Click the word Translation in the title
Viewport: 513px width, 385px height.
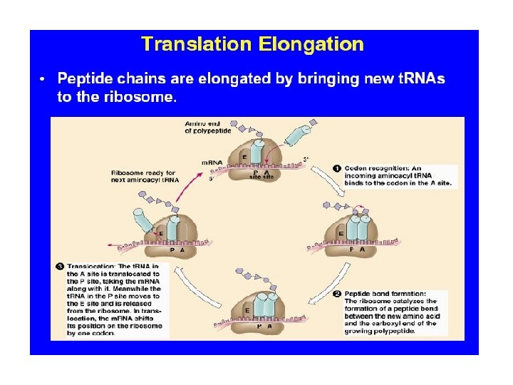point(197,45)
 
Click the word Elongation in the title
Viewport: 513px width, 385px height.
point(311,45)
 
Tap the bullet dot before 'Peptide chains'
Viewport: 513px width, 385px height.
point(43,78)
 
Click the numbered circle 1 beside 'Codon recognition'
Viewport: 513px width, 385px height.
point(338,169)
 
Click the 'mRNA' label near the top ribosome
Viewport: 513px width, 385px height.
point(212,163)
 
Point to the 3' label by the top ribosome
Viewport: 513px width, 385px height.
point(306,158)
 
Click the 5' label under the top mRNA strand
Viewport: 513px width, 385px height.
point(211,179)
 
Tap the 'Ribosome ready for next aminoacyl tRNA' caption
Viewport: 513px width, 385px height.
point(145,177)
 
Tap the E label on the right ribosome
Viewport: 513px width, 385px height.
point(341,233)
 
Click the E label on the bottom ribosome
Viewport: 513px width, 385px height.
point(247,311)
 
